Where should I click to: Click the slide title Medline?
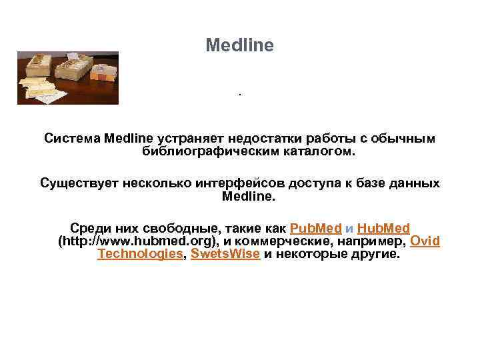pos(239,45)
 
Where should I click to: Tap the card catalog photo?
pos(68,78)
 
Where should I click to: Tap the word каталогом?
pos(318,151)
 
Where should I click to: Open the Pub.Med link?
pos(316,227)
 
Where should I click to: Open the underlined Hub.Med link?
pos(383,227)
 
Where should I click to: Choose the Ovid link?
pos(425,241)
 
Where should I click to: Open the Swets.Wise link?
pos(225,254)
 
